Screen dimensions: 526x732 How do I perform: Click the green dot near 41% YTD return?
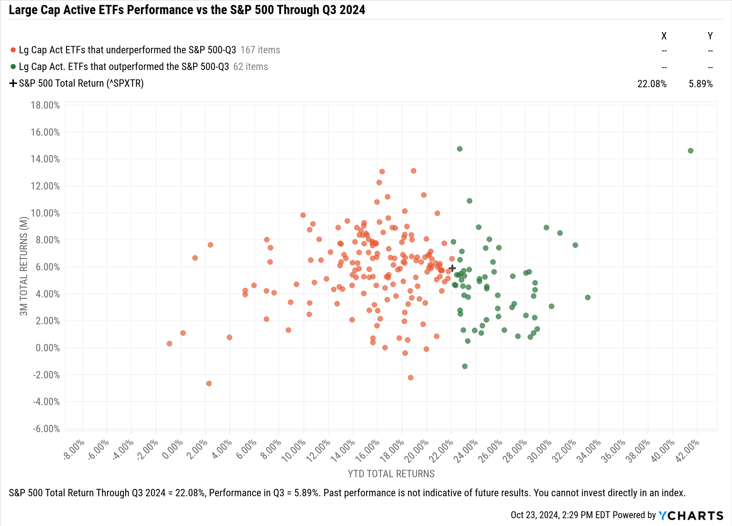(690, 151)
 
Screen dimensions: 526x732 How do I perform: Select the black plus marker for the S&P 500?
(452, 268)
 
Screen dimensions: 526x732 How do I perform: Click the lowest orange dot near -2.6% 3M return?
(209, 383)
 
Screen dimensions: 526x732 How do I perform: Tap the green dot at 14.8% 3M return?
(459, 149)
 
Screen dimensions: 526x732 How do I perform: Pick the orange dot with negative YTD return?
(169, 343)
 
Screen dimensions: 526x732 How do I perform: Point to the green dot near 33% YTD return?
(587, 298)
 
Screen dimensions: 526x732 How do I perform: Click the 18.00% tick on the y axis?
(45, 105)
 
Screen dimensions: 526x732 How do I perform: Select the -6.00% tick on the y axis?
(46, 429)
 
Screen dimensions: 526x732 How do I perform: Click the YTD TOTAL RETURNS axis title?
(391, 474)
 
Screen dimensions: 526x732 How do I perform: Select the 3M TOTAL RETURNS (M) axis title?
(24, 266)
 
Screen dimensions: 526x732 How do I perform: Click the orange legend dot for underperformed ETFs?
(13, 50)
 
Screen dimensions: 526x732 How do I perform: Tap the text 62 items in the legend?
(250, 67)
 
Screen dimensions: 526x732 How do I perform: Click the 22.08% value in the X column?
(652, 84)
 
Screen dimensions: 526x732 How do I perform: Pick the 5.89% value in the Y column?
(701, 84)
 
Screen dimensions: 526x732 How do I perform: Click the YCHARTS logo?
(691, 515)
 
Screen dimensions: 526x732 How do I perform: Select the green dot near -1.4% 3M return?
(464, 366)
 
